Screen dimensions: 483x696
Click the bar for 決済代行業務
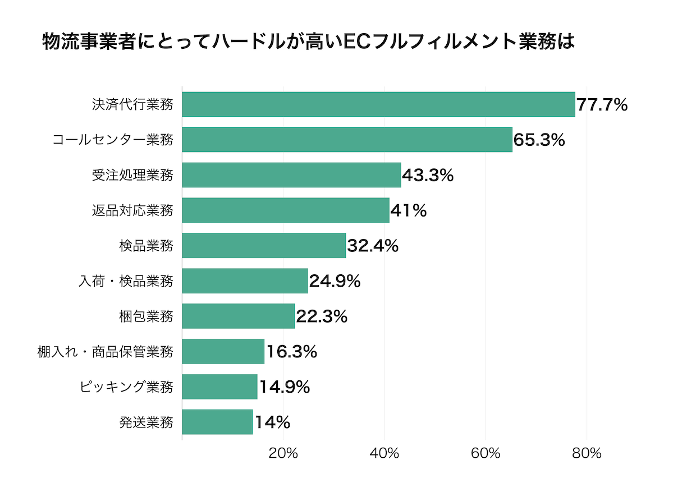(378, 104)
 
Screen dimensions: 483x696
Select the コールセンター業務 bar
(347, 140)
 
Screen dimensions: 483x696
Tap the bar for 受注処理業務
(291, 175)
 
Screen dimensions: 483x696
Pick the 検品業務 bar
(264, 246)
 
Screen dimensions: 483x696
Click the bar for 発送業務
(217, 422)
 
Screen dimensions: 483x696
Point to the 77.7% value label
(602, 105)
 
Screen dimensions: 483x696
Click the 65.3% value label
(539, 140)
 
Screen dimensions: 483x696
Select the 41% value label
(408, 211)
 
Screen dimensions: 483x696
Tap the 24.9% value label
(335, 281)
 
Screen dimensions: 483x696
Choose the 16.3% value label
(291, 352)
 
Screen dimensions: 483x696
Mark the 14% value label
(272, 422)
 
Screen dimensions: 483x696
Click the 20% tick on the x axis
(283, 453)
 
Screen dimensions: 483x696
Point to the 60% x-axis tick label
(486, 453)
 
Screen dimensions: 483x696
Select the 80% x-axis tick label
(587, 453)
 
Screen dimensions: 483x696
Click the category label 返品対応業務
(132, 211)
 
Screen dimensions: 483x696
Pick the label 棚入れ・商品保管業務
(105, 352)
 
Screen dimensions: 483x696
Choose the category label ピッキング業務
(126, 387)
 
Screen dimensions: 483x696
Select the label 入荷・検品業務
(126, 281)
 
